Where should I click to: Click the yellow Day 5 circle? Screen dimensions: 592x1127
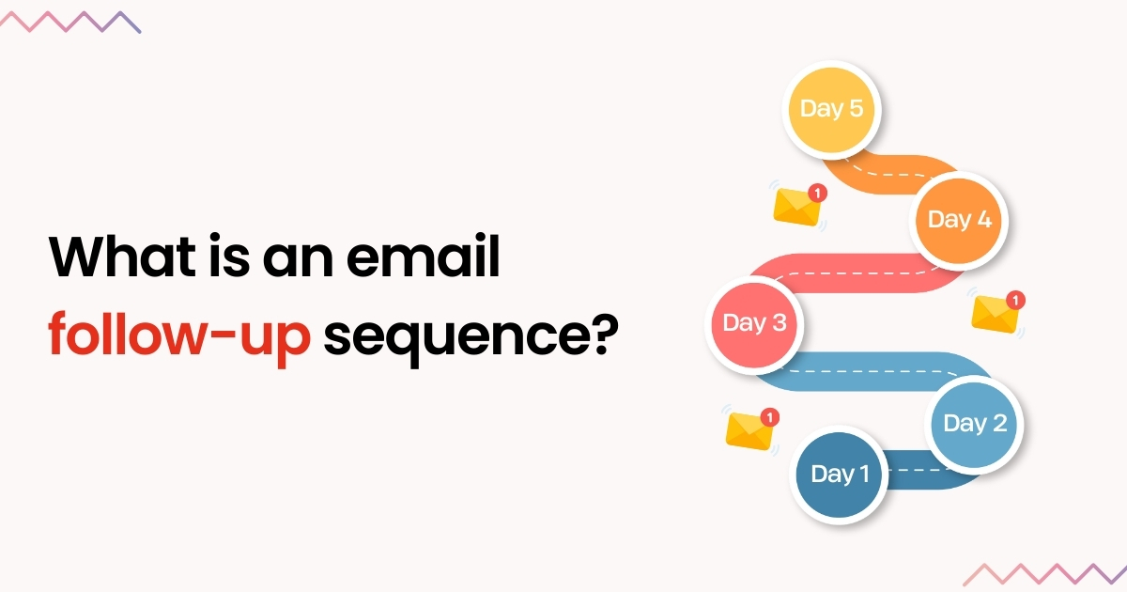click(830, 108)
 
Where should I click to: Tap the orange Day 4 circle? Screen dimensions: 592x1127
click(959, 220)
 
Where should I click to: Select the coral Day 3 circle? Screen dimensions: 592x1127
click(754, 323)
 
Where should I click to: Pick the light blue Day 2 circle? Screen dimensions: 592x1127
click(974, 424)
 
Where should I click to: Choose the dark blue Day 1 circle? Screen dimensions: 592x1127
click(839, 475)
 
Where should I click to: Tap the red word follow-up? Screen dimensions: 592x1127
click(178, 336)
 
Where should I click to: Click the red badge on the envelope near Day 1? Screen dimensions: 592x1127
click(769, 416)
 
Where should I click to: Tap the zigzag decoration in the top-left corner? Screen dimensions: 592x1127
click(71, 22)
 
